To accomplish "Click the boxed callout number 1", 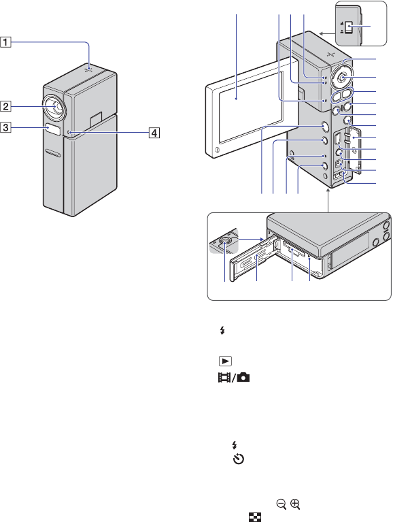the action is [x=5, y=42].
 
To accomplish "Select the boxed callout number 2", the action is [x=5, y=107].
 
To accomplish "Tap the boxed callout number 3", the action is [x=5, y=127].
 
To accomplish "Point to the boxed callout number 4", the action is [x=154, y=133].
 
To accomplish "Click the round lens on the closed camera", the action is [x=54, y=108].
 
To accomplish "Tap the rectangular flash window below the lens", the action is [x=53, y=129].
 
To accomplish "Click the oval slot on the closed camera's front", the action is [x=53, y=153].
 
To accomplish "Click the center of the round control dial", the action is [x=342, y=77].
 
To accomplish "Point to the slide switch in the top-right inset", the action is [x=349, y=28].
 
